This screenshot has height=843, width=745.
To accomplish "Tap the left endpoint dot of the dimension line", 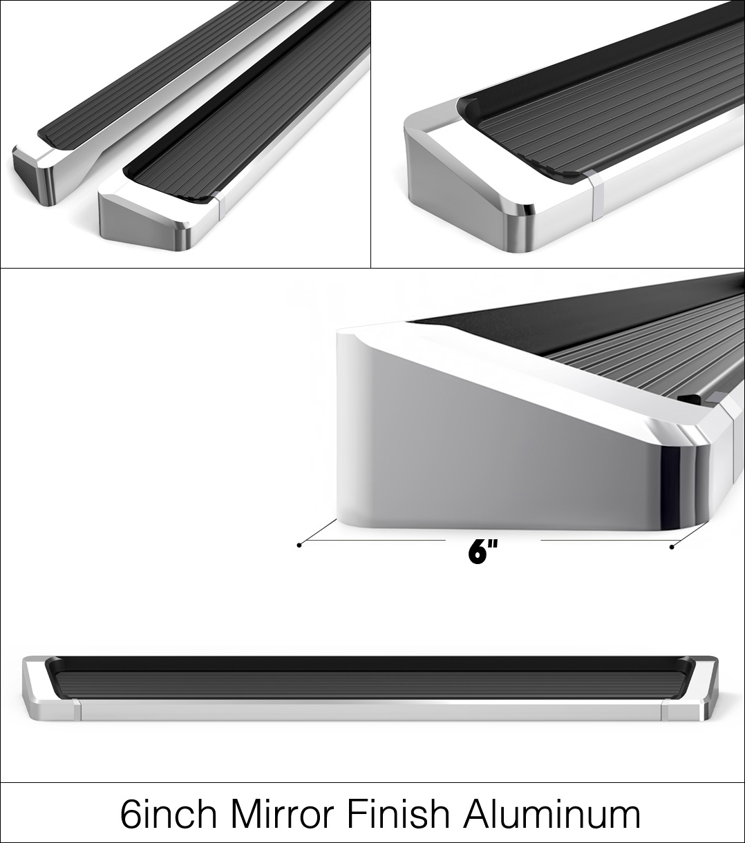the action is click(x=299, y=545).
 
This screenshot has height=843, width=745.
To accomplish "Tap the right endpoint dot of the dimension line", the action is click(x=672, y=548).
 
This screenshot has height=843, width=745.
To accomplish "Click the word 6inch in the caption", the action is click(x=169, y=813).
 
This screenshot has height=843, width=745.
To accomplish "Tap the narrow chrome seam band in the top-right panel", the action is click(x=596, y=195).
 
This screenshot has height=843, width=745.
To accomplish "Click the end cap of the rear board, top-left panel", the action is click(x=35, y=175).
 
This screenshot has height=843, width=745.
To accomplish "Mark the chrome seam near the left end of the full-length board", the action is click(x=77, y=710).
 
